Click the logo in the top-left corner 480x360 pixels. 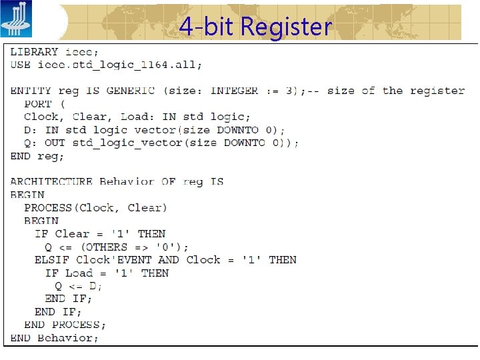point(15,19)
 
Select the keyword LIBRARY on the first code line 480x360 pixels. point(34,52)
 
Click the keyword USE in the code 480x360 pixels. point(21,65)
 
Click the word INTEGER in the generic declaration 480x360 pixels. point(234,91)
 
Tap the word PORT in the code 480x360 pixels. point(37,104)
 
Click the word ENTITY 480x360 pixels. point(31,91)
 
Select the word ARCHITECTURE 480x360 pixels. point(51,182)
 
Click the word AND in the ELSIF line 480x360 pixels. point(169,260)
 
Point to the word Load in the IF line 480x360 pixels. point(79,273)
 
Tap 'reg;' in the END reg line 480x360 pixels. point(51,156)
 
